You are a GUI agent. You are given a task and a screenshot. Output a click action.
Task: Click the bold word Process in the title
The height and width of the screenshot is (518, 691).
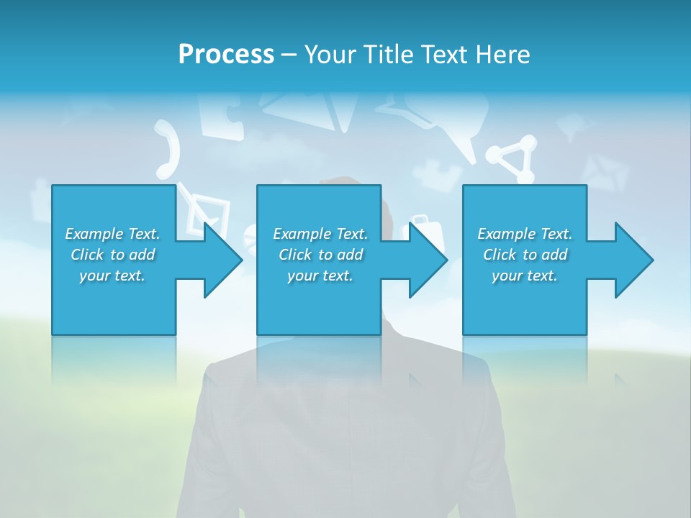tap(226, 55)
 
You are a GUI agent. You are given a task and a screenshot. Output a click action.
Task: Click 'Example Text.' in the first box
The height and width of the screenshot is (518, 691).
tap(113, 234)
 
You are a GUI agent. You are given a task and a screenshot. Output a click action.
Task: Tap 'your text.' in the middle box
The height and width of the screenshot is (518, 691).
tap(320, 276)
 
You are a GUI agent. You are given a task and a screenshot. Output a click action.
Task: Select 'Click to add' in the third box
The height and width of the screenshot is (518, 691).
tap(525, 255)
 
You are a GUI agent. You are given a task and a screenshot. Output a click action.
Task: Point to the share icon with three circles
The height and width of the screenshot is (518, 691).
tap(513, 159)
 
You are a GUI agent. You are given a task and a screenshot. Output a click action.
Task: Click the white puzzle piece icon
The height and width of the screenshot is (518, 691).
tap(222, 115)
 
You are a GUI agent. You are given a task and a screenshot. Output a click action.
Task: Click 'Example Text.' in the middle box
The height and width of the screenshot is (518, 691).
tap(320, 234)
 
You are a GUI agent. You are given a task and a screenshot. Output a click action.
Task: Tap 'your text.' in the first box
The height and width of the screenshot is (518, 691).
tap(113, 276)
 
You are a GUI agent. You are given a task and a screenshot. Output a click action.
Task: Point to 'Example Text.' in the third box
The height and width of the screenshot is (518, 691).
tap(525, 234)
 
